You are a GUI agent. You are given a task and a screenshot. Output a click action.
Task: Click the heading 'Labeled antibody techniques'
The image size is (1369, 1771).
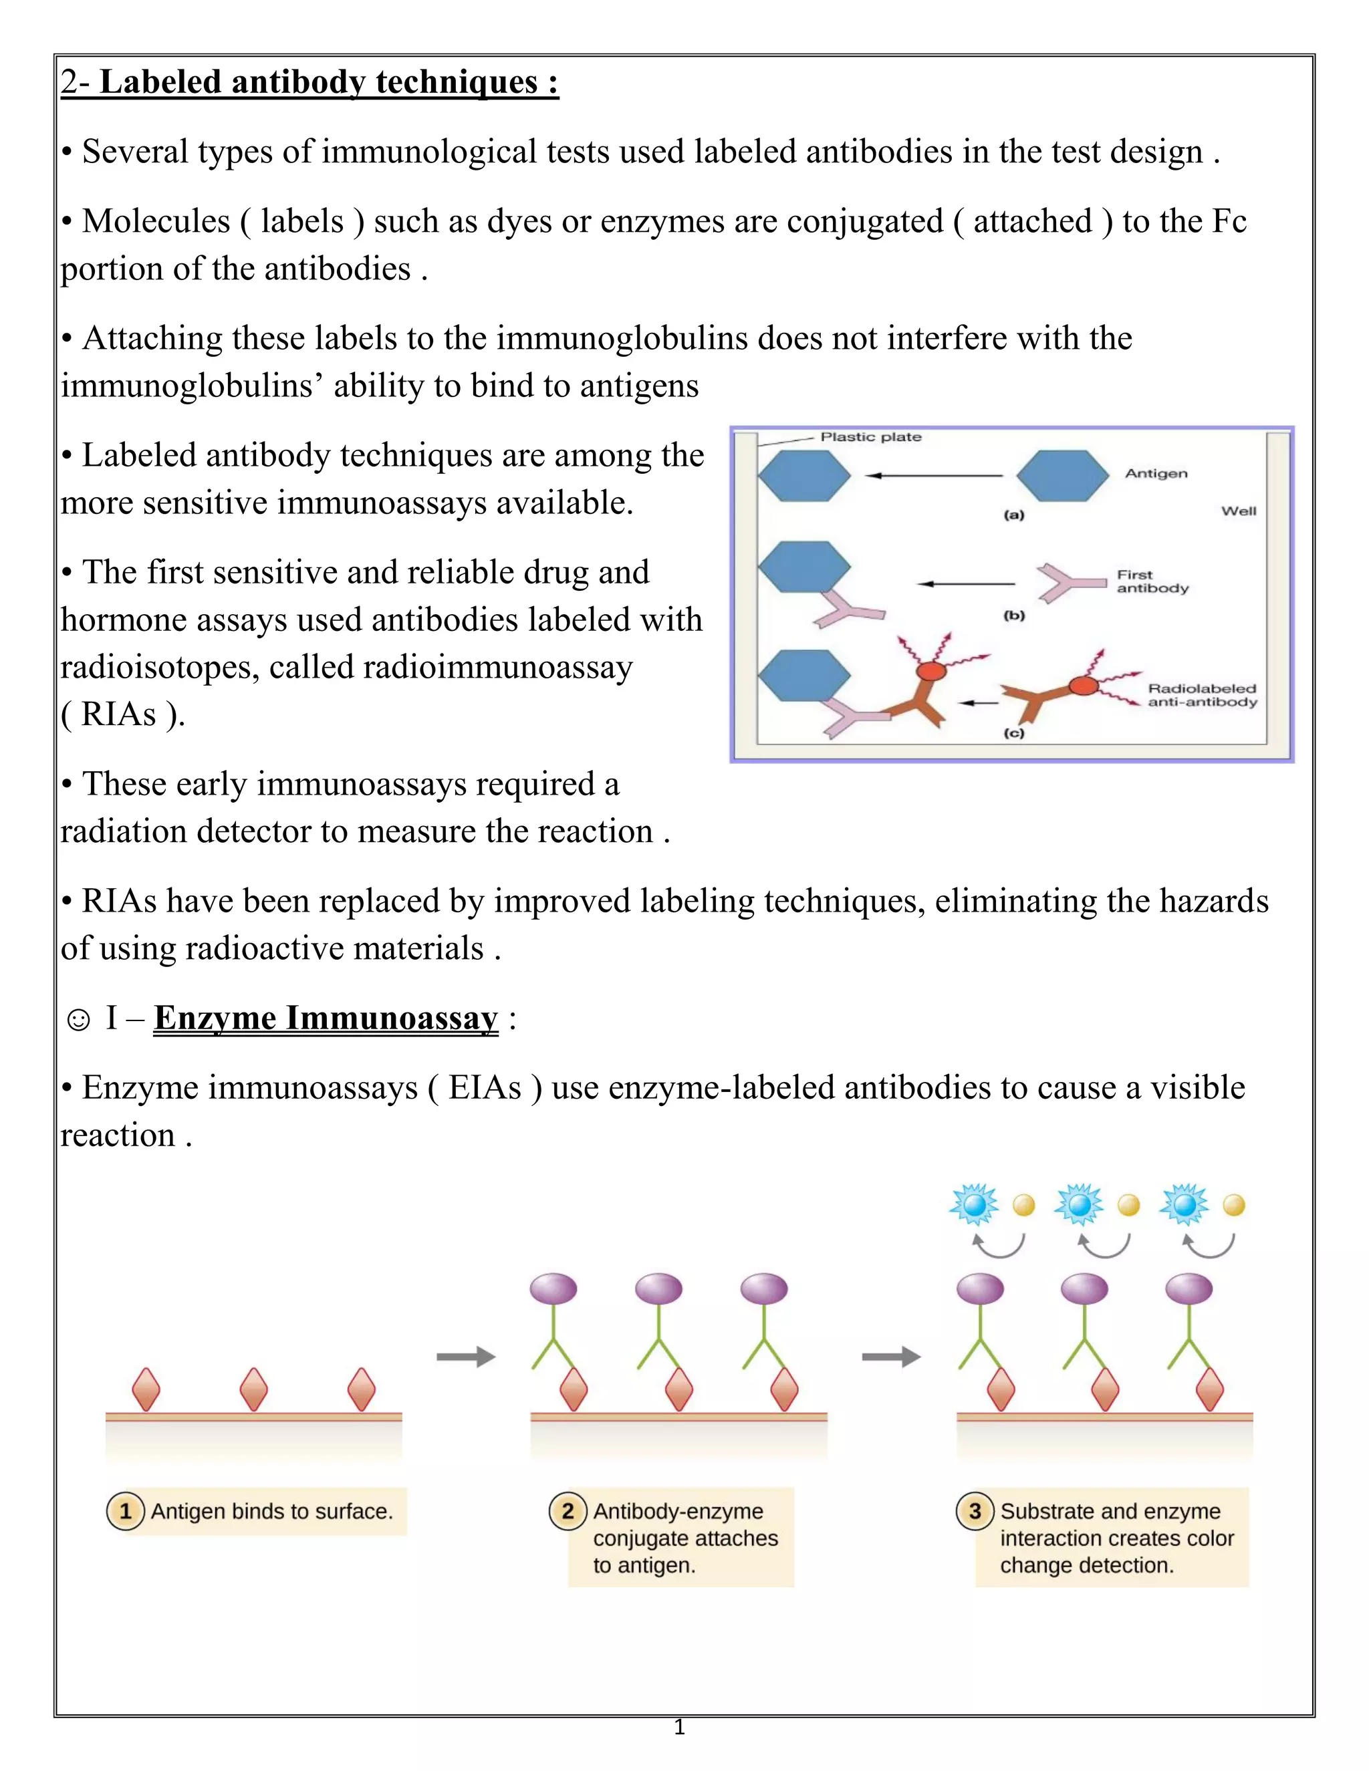pos(328,82)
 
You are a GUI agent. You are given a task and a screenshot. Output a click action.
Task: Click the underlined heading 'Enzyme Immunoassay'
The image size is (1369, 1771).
pos(326,1018)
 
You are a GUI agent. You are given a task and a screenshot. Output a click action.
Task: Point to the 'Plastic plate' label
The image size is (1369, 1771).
pos(870,437)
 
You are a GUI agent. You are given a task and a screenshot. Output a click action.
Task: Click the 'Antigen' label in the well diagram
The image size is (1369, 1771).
pos(1156,474)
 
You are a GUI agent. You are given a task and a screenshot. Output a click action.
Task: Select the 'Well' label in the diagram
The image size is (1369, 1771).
pos(1239,511)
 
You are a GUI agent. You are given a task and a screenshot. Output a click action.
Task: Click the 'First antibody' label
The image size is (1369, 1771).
pos(1152,581)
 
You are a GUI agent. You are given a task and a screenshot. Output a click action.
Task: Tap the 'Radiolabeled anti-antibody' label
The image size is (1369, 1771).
pos(1201,695)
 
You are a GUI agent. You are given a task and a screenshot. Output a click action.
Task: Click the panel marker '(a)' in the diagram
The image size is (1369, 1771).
pos(1014,515)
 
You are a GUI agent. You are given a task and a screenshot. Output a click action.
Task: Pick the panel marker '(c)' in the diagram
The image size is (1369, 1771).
pos(1014,733)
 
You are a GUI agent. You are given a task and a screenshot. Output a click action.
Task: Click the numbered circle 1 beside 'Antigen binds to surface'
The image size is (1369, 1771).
pos(126,1511)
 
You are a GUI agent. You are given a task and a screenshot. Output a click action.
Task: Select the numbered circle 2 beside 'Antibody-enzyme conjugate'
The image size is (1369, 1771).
pos(568,1511)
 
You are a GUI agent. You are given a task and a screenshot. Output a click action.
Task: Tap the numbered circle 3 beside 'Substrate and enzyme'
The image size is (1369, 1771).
pos(975,1511)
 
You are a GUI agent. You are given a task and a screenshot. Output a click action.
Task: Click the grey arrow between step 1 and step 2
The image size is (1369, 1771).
pos(465,1357)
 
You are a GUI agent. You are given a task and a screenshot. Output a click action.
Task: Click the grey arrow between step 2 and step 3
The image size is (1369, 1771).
pos(890,1357)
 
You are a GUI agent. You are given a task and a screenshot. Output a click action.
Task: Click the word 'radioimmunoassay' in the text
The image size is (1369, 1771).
pos(497,668)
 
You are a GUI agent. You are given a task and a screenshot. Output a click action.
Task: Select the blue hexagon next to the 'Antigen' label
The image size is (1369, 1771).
pos(1062,476)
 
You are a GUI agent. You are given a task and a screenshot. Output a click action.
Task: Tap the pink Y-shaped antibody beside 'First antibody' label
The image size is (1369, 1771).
pos(1070,582)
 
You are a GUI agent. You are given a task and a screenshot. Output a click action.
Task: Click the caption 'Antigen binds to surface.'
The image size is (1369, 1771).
pos(271,1512)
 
